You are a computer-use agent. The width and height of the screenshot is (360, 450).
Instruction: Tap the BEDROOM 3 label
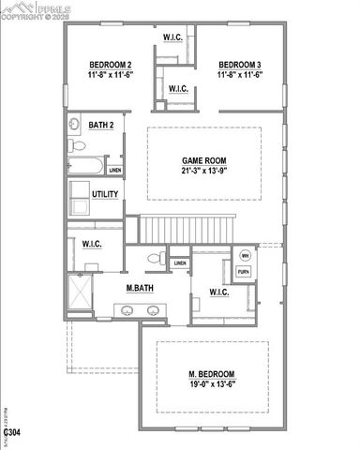coord(238,65)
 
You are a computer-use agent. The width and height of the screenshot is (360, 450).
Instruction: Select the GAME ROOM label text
coord(203,160)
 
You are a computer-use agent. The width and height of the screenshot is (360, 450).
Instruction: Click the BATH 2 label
coord(101,125)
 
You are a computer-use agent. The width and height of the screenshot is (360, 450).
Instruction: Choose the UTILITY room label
coord(105,194)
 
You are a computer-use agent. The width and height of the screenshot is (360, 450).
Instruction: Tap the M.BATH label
coord(141,287)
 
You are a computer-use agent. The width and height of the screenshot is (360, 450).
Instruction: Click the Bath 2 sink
coord(74,126)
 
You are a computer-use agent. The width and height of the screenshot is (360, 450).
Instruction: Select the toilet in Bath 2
coord(76,147)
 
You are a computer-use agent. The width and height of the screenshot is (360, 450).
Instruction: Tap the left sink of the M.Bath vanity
coord(127,308)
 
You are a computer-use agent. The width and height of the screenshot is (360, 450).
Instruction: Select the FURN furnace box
coord(245,272)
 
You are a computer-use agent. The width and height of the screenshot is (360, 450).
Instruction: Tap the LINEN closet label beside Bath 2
coord(114,171)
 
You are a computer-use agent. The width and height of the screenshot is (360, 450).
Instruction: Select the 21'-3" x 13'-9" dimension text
coord(203,172)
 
